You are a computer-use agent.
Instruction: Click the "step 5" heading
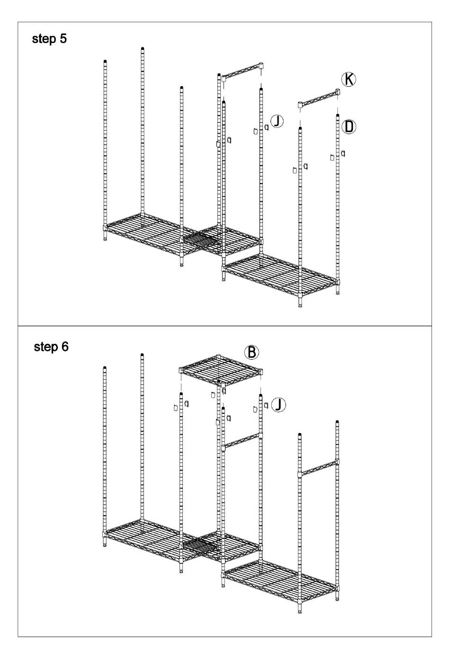click(x=49, y=39)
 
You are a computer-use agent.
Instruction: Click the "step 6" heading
click(x=51, y=347)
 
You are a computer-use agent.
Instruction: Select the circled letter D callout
click(x=349, y=126)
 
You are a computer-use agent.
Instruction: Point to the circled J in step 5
click(x=277, y=121)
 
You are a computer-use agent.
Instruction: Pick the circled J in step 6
click(x=278, y=404)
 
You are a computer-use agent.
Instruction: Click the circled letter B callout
click(x=252, y=352)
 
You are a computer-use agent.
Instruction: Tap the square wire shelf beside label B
click(x=221, y=370)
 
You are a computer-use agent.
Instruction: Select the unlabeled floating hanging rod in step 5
click(x=243, y=71)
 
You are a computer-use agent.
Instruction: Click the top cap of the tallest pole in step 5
click(x=143, y=48)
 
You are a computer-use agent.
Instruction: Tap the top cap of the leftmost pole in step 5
click(x=105, y=61)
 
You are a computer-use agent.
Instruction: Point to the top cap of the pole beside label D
click(x=337, y=116)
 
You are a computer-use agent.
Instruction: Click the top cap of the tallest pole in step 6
click(x=143, y=355)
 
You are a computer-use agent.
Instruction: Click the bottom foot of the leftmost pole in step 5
click(x=105, y=238)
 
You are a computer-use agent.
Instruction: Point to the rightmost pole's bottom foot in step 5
click(x=337, y=292)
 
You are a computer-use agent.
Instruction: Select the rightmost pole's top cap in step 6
click(x=337, y=421)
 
